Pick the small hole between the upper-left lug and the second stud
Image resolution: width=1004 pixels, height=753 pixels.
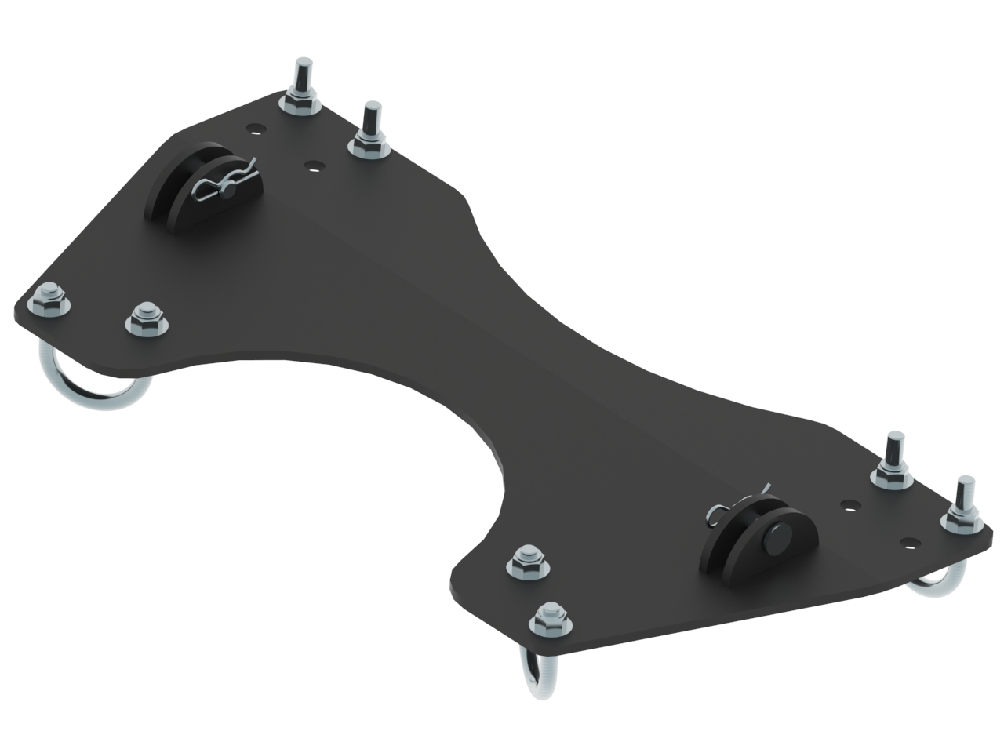(315, 166)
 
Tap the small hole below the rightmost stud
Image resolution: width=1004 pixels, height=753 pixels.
(909, 541)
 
